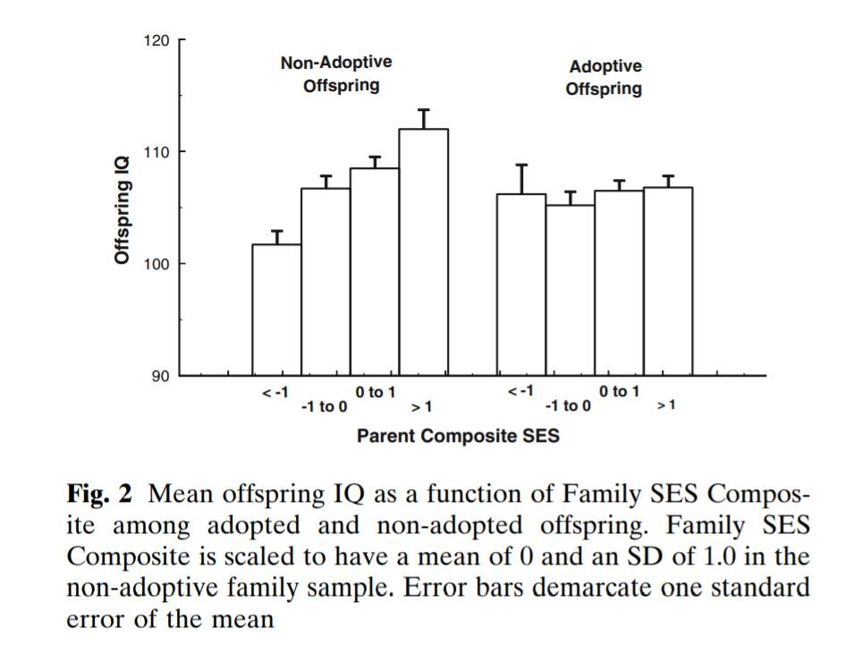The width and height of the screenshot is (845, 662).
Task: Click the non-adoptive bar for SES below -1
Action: pos(276,310)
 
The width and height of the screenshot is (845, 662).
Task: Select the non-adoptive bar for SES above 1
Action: pos(423,251)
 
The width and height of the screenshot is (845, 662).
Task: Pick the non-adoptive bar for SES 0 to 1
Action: pos(374,271)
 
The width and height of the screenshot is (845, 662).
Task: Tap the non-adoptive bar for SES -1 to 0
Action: pos(325,281)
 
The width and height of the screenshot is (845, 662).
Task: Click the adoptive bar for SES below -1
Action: pos(521,284)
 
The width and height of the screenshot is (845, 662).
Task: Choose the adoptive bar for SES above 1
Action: pos(668,281)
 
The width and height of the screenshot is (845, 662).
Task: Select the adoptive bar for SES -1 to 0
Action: pos(570,290)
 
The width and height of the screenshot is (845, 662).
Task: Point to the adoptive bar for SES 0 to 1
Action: pos(619,283)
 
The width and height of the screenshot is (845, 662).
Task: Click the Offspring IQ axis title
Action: pos(123,208)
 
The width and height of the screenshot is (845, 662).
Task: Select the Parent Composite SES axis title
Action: pos(458,437)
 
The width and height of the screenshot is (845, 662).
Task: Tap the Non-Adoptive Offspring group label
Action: pos(336,74)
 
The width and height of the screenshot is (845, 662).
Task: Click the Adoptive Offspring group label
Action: pos(604,78)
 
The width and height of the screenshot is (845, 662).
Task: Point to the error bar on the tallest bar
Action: pos(423,119)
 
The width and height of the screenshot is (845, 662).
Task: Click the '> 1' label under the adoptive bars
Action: pos(666,405)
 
